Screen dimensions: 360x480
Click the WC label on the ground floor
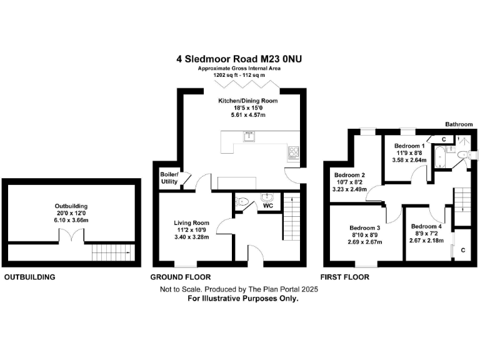click(x=267, y=204)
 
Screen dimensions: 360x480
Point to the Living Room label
click(x=191, y=222)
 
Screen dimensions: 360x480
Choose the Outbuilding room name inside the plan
click(x=71, y=206)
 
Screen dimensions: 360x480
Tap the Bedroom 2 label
click(x=349, y=174)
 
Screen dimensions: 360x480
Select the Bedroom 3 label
click(x=365, y=227)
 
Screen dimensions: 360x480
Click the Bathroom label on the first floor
click(x=459, y=124)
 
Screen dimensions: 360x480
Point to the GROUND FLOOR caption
click(x=181, y=277)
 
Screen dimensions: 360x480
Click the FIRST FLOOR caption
click(x=344, y=277)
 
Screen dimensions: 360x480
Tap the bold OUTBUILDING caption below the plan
click(x=30, y=277)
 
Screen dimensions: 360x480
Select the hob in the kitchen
click(x=293, y=151)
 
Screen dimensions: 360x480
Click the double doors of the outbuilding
click(x=71, y=237)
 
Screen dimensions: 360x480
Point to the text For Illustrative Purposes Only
click(x=243, y=299)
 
